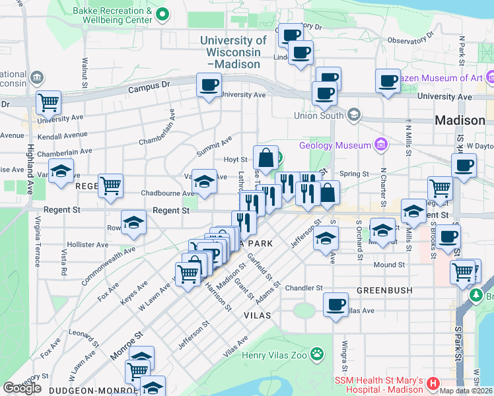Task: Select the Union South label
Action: (x=320, y=116)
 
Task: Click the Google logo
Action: (x=22, y=388)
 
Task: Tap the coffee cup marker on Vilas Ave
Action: (x=336, y=304)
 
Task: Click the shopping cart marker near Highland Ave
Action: (x=48, y=102)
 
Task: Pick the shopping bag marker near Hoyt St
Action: (x=265, y=158)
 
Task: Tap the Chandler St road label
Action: (x=304, y=288)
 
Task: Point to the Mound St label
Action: (x=389, y=265)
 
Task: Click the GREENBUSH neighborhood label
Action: (x=384, y=290)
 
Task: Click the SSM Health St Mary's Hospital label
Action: (x=380, y=383)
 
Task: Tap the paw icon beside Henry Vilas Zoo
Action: (x=318, y=354)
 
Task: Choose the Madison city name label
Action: (x=460, y=121)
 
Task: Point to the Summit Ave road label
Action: (x=214, y=146)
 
